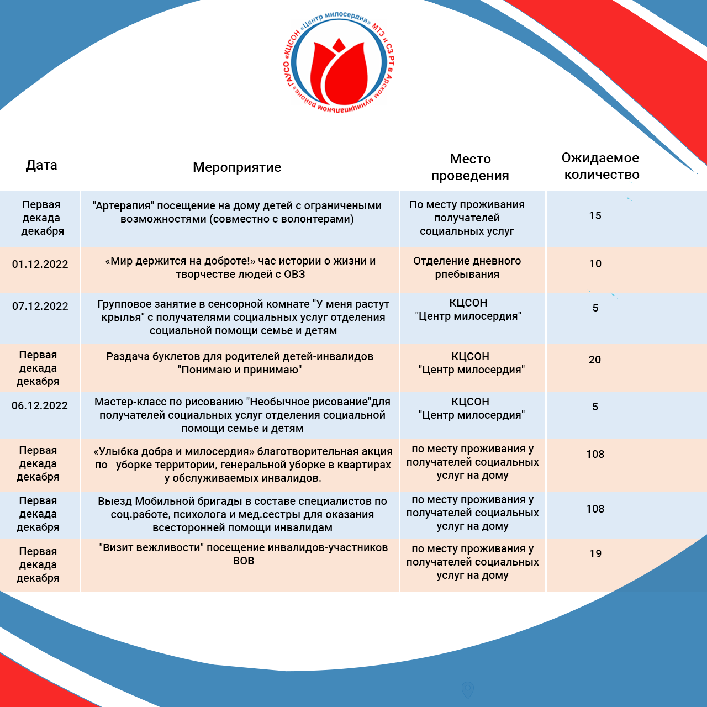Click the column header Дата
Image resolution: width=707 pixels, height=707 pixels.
click(41, 165)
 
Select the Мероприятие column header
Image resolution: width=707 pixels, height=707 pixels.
click(237, 167)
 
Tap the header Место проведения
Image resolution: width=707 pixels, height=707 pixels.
click(470, 167)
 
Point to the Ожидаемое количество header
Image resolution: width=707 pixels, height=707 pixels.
click(600, 166)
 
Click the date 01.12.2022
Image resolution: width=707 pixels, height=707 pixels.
click(40, 264)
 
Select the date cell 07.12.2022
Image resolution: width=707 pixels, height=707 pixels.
click(40, 307)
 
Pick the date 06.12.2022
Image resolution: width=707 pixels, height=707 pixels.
click(40, 406)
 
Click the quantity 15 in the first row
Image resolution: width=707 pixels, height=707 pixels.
click(595, 216)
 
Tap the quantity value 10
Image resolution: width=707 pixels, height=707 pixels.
click(595, 264)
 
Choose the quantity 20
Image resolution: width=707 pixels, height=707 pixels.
click(595, 360)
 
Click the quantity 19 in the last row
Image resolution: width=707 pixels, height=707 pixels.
click(595, 554)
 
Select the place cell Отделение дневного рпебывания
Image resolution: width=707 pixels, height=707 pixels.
click(467, 267)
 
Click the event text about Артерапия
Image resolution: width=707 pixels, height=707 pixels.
click(237, 212)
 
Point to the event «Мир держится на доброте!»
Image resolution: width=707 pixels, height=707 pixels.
click(240, 267)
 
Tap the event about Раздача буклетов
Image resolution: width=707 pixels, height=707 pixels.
click(240, 363)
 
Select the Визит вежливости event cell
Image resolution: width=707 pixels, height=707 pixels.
click(243, 554)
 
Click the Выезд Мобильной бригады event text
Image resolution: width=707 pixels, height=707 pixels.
click(242, 514)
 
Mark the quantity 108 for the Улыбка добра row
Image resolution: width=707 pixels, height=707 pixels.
click(595, 455)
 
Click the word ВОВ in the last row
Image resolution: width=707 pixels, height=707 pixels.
click(243, 561)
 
